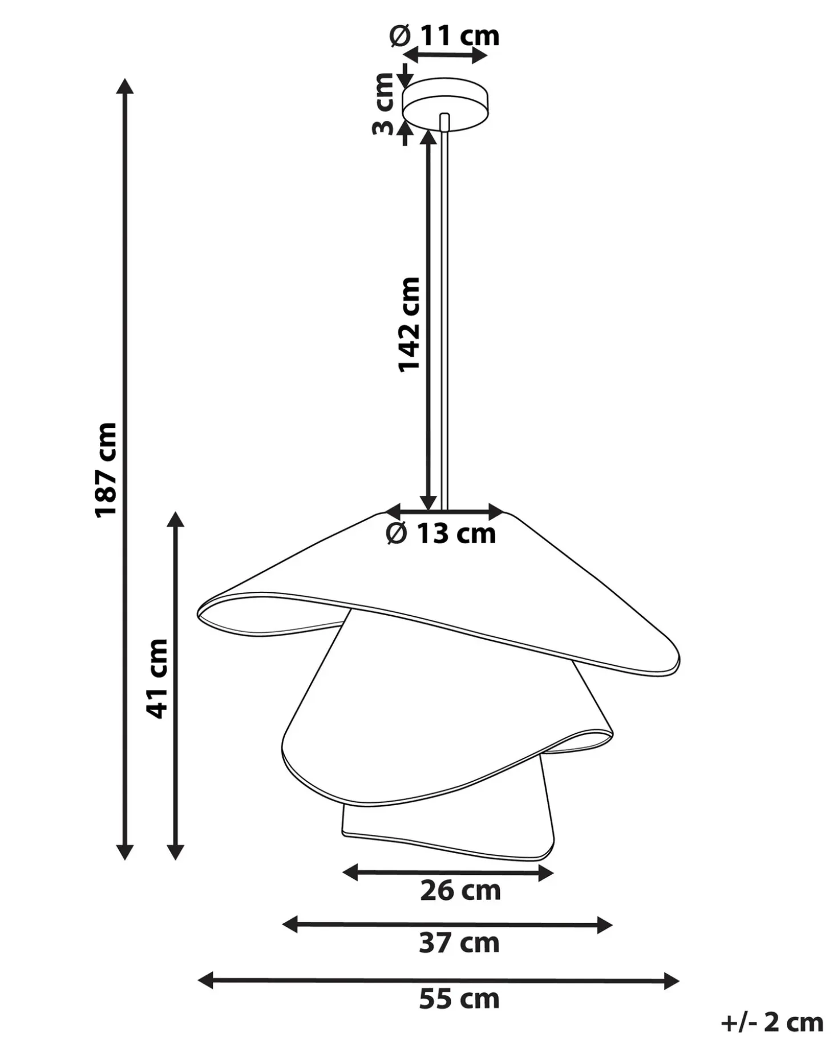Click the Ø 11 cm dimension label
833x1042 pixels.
click(x=444, y=36)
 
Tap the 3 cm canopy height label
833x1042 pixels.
click(x=383, y=104)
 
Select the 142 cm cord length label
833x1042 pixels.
click(x=409, y=324)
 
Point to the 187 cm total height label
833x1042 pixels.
click(x=106, y=470)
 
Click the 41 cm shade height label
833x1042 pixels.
click(x=157, y=678)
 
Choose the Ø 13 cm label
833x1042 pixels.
click(x=441, y=534)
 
